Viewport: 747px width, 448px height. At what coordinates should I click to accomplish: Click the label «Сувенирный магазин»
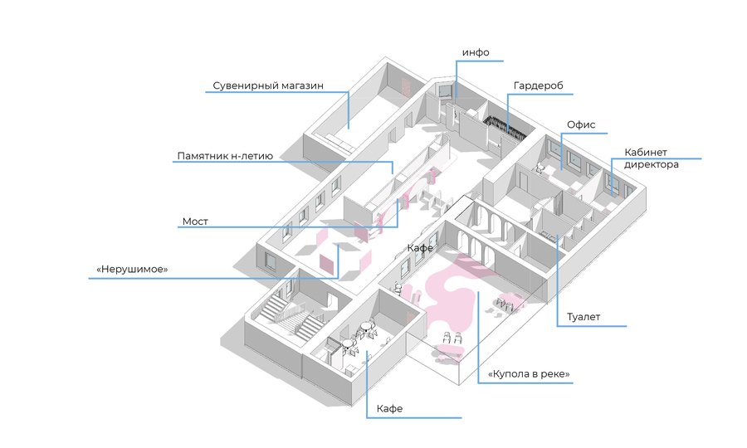coord(267,85)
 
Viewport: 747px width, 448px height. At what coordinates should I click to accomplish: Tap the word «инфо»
coord(476,53)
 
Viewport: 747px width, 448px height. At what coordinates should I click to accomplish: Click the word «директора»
coord(653,165)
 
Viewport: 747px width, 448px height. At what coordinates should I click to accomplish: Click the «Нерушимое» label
coord(133,270)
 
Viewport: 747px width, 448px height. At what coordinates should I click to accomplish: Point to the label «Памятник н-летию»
coord(224,156)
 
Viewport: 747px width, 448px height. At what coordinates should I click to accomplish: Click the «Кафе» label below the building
coord(389,409)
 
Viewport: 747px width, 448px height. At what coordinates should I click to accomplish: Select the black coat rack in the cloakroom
coord(505,125)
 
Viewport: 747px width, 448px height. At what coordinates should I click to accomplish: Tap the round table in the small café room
coord(364,329)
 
